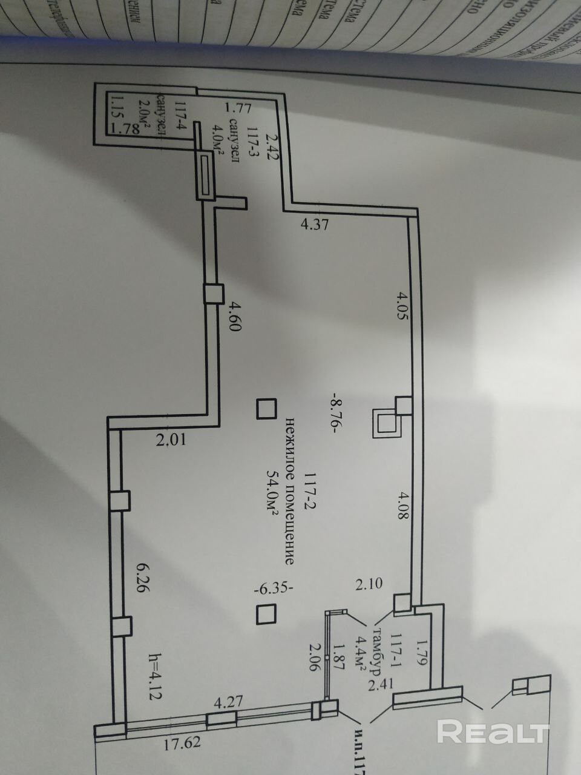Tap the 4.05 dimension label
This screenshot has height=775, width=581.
tap(402, 307)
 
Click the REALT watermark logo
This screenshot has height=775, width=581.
tap(493, 731)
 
